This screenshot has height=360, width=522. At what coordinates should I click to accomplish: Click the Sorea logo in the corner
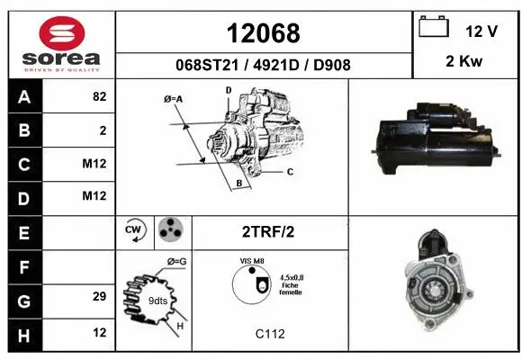point(61,45)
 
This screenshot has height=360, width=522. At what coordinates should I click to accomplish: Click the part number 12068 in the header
point(264,33)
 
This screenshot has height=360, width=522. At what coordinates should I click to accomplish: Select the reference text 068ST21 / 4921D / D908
point(264,65)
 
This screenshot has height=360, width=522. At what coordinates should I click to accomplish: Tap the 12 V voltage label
point(481,31)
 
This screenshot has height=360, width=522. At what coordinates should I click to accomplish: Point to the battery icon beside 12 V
point(434,28)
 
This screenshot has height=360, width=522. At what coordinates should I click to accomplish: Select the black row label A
point(24,97)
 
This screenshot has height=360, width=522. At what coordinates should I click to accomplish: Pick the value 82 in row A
point(99,97)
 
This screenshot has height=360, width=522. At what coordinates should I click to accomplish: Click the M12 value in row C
point(94,164)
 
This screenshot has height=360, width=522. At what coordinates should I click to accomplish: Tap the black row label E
point(24,231)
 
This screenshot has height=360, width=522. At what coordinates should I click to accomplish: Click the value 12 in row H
point(99,330)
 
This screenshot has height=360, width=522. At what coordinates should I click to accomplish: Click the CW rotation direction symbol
point(134,230)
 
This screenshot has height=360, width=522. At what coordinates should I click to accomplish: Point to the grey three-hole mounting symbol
point(169,230)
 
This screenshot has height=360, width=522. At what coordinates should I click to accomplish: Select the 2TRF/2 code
point(268,231)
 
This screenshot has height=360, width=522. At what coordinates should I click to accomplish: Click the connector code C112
point(269,333)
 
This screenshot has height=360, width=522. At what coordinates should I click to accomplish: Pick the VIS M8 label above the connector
point(252,261)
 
